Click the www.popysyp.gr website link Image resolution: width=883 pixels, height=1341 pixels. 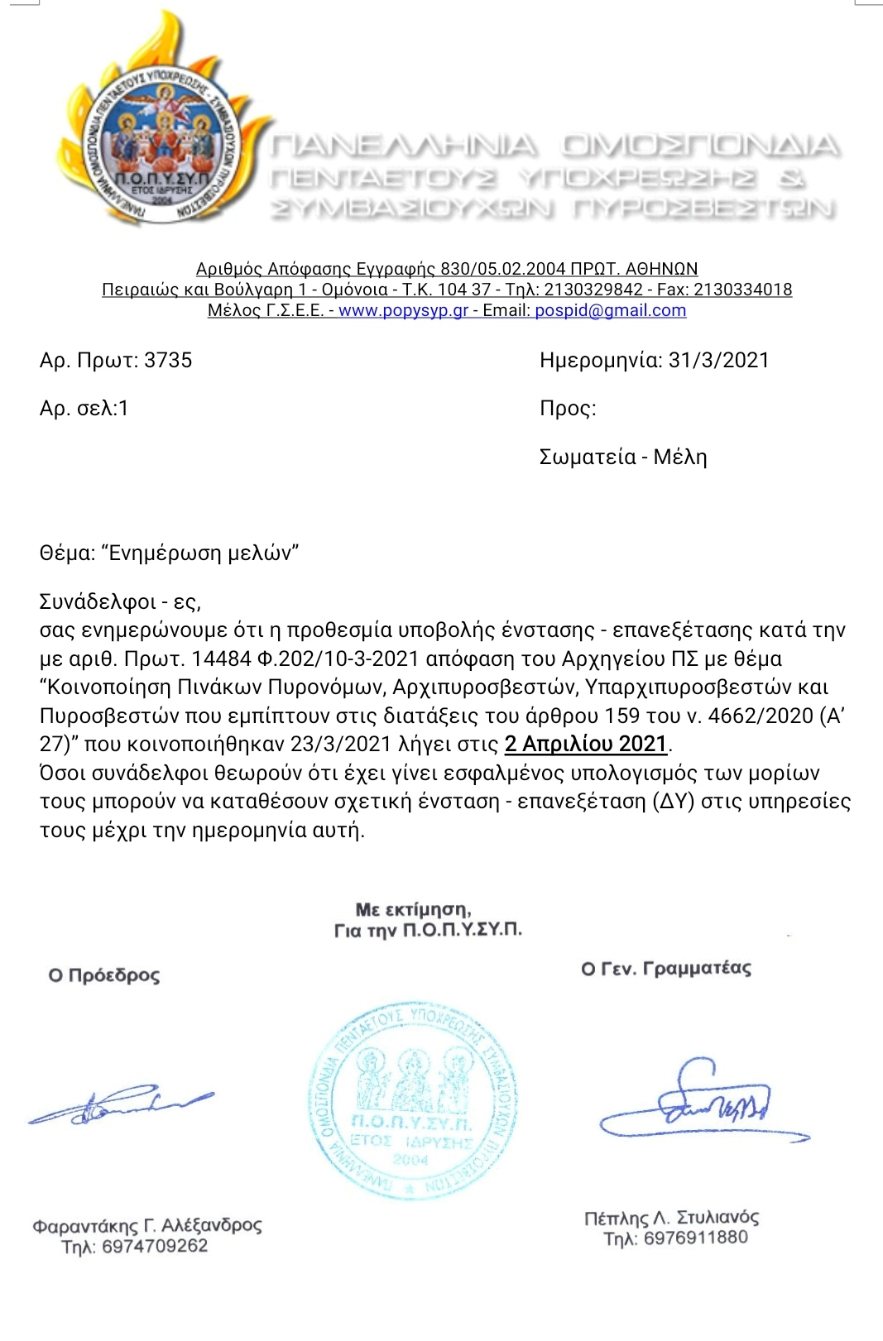tap(403, 310)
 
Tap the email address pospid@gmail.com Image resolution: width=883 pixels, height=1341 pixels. tap(610, 310)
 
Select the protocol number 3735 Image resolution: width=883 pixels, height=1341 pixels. tap(168, 361)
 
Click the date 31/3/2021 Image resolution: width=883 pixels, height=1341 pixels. tap(718, 361)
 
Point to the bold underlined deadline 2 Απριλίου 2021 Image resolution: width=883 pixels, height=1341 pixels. tap(586, 744)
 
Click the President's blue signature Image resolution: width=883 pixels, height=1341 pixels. tap(121, 1104)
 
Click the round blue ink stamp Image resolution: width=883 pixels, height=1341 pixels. tap(412, 1103)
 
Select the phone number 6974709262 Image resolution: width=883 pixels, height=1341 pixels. tap(155, 1246)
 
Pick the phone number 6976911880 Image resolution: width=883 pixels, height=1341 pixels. tap(695, 1238)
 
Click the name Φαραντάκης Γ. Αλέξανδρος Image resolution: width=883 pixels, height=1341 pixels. tap(147, 1225)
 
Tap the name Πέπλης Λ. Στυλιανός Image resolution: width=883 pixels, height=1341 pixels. tap(671, 1218)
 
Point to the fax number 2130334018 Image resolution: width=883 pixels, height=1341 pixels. tap(742, 290)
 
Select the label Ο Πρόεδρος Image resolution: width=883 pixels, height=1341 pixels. tap(104, 975)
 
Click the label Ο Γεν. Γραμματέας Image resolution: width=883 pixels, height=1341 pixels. tap(666, 969)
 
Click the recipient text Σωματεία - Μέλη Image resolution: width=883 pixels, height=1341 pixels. tap(622, 457)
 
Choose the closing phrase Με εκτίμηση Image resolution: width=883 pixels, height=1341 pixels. tap(413, 910)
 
